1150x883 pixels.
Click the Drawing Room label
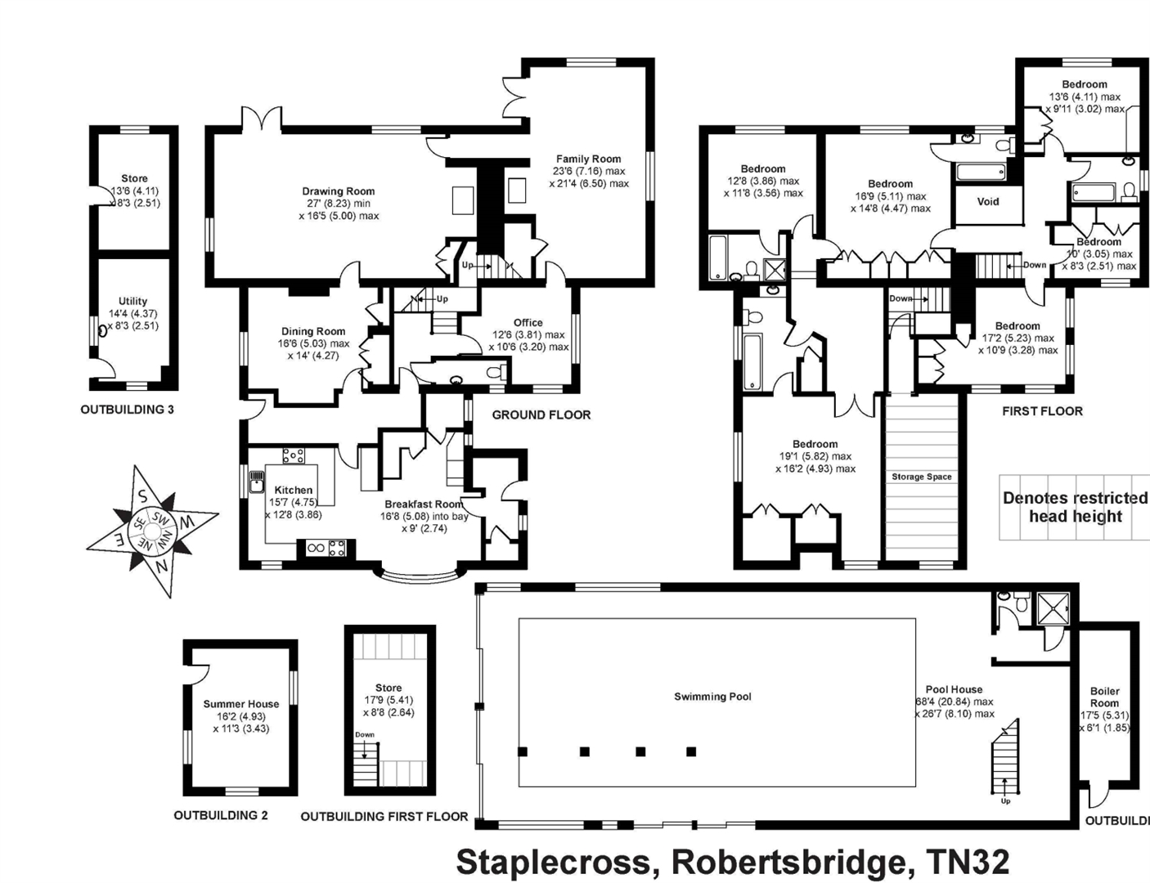[x=338, y=191]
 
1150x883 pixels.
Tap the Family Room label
[x=588, y=159]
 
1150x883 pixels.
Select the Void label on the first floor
[x=987, y=201]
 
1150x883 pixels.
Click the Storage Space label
[x=921, y=477]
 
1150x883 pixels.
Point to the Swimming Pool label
[x=712, y=697]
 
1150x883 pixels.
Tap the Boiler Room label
[x=1104, y=697]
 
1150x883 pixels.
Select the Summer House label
[x=241, y=704]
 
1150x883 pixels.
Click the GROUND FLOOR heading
[x=541, y=415]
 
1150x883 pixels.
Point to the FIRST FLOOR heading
[x=1042, y=411]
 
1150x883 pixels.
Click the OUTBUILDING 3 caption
[x=127, y=410]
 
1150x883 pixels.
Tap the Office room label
[x=528, y=322]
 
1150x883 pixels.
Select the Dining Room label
[x=313, y=331]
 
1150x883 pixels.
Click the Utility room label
[x=133, y=301]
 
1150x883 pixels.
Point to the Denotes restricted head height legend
[x=1075, y=507]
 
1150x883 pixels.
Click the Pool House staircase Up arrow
[x=1005, y=790]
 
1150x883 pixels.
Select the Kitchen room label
[x=293, y=490]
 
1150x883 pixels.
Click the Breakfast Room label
[x=424, y=504]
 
